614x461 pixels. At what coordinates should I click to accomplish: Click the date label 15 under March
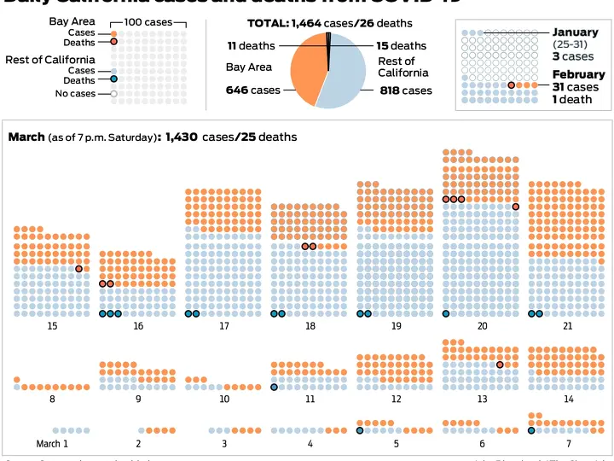[53, 326]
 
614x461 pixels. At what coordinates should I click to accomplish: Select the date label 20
[483, 326]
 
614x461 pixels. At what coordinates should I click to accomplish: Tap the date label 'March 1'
[52, 444]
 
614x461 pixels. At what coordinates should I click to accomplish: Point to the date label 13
[483, 399]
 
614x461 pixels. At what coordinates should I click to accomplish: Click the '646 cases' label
[252, 90]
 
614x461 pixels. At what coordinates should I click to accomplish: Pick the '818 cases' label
[405, 90]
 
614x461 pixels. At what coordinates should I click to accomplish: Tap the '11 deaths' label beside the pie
[251, 45]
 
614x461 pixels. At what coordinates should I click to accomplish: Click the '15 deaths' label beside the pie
[401, 45]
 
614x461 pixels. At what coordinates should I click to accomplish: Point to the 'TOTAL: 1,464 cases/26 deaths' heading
[330, 23]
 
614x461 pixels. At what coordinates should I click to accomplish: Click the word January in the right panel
[576, 32]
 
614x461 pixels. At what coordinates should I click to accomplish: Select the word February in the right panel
[578, 75]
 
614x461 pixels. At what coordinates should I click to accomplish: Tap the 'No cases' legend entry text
[75, 94]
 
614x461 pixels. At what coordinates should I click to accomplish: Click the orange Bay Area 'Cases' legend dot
[114, 33]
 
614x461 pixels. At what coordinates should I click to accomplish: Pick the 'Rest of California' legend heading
[50, 60]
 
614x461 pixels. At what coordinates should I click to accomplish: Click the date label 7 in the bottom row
[569, 444]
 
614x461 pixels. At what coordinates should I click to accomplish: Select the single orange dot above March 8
[17, 379]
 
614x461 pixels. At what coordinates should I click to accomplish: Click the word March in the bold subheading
[26, 137]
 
